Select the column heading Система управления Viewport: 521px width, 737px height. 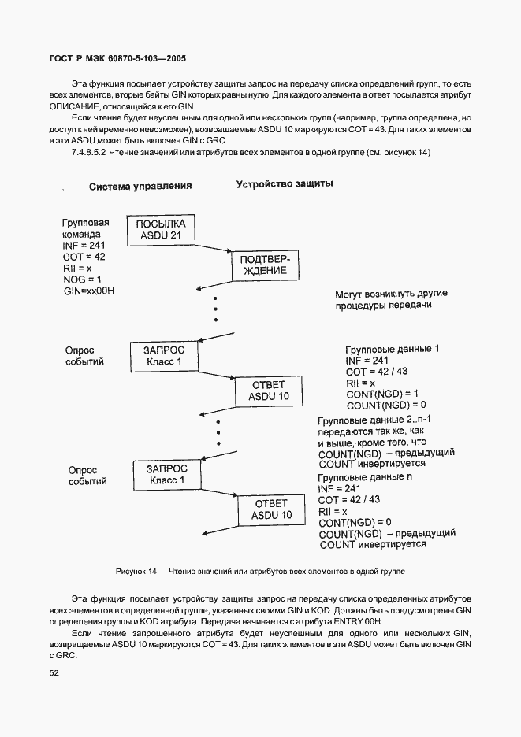click(140, 187)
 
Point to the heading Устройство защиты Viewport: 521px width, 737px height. click(285, 184)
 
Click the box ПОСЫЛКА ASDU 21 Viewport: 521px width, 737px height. click(161, 230)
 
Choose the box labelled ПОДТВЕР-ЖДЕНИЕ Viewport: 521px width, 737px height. click(260, 265)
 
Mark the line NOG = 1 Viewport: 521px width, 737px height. click(82, 280)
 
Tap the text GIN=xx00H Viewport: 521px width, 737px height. click(90, 291)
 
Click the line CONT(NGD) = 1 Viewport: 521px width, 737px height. click(382, 394)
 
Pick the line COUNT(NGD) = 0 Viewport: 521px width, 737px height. click(386, 405)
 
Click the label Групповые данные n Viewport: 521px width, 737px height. click(365, 477)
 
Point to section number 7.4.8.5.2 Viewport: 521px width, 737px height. click(90, 152)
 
